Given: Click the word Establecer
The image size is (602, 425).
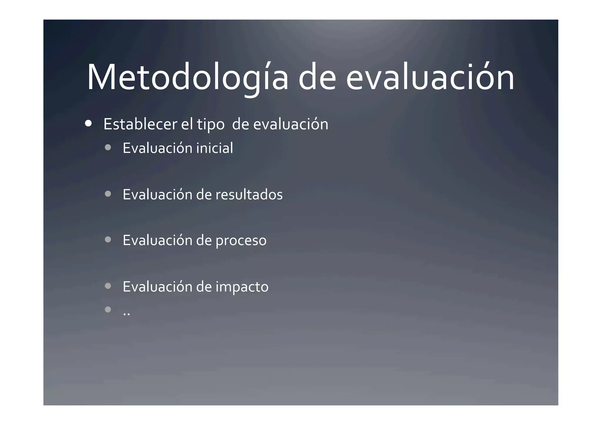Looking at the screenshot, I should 140,124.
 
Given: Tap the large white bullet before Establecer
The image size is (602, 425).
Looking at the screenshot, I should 88,123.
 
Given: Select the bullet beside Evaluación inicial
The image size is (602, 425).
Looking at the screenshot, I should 108,147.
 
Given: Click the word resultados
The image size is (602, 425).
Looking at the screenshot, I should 249,194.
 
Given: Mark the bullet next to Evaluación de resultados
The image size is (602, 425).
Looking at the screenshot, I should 108,194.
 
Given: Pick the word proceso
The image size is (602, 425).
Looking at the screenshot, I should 241,241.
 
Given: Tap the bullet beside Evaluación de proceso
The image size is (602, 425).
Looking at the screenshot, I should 108,240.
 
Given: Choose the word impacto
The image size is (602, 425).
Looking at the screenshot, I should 242,287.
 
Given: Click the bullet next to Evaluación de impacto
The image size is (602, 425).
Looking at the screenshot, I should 108,286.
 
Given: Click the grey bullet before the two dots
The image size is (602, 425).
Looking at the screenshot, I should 108,309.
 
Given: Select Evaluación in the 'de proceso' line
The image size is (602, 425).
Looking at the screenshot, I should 157,240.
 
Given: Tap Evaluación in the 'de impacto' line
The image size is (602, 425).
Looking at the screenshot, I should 157,286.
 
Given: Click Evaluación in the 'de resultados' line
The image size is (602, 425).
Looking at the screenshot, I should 157,194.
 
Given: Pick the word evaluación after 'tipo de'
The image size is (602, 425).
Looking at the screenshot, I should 290,124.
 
